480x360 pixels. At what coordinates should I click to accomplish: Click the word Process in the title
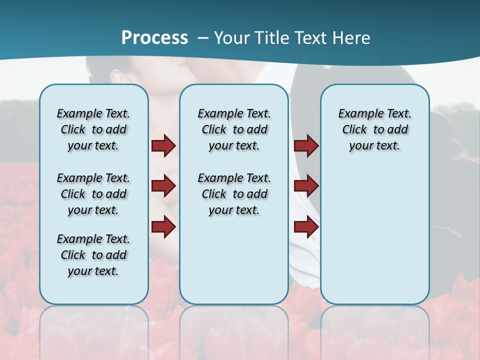[154, 38]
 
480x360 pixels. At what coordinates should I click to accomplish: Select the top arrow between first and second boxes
[163, 146]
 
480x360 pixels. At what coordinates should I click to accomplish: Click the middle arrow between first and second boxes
[163, 186]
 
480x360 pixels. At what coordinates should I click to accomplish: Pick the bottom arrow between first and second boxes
[163, 227]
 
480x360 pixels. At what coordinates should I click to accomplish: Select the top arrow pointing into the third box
[306, 146]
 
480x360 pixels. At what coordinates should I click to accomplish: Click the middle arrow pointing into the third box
[306, 186]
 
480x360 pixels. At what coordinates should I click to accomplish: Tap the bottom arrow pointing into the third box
[306, 227]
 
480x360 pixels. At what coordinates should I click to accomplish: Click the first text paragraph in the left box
[93, 129]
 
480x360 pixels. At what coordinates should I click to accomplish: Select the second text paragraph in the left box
[93, 194]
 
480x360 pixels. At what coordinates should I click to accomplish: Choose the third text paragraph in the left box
[93, 255]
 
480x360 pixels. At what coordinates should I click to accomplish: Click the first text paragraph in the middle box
[234, 129]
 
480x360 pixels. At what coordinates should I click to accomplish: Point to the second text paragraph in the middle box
[234, 194]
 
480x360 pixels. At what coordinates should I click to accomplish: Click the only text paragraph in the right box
[374, 129]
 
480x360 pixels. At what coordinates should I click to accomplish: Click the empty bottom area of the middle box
[234, 265]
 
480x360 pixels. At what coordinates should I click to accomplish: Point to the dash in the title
[203, 38]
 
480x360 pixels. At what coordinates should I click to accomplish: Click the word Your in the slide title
[231, 38]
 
